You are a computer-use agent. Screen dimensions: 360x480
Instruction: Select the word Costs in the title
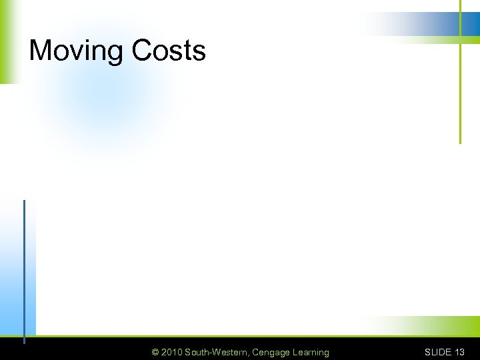click(169, 51)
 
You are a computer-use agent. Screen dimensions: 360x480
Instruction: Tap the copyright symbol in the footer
click(155, 352)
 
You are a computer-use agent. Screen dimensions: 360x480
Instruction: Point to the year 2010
click(172, 352)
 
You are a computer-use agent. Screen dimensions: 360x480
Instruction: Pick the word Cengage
click(272, 352)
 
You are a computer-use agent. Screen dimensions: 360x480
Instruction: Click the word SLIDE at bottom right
click(438, 352)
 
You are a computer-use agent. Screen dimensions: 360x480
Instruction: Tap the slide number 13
click(460, 352)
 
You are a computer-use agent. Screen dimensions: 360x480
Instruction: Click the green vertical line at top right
click(460, 93)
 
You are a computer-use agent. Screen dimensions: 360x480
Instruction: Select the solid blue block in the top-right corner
click(470, 24)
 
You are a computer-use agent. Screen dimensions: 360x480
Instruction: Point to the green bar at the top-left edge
click(6, 40)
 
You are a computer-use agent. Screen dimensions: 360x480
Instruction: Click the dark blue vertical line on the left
click(24, 267)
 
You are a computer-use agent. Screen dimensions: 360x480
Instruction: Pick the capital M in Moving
click(41, 51)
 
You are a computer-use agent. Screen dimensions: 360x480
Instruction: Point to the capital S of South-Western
click(188, 352)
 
